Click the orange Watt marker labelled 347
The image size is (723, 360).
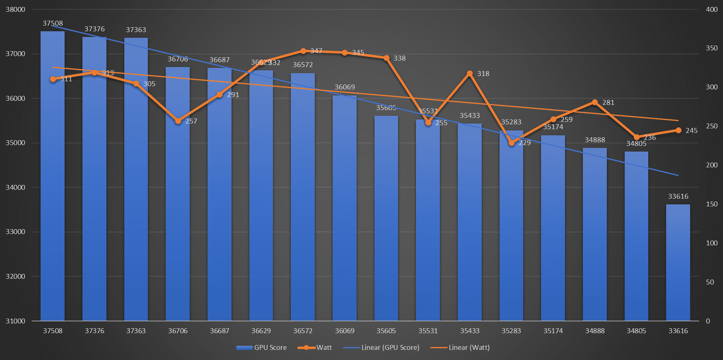point(303,51)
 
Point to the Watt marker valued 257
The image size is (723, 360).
point(178,121)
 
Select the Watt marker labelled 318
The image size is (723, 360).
point(470,74)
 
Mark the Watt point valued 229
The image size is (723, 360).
point(511,143)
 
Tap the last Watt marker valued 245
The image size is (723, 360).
point(678,130)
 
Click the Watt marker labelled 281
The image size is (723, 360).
point(595,102)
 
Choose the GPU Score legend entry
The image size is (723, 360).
point(262,347)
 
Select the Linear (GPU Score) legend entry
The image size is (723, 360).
point(381,347)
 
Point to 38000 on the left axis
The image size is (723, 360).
point(15,9)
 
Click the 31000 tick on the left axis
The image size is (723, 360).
point(15,321)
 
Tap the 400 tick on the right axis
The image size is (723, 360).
point(712,9)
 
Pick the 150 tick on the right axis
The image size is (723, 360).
point(712,204)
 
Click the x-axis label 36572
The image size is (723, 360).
point(303,331)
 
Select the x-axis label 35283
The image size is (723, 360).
point(511,331)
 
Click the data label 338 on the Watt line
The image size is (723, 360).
point(399,58)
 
